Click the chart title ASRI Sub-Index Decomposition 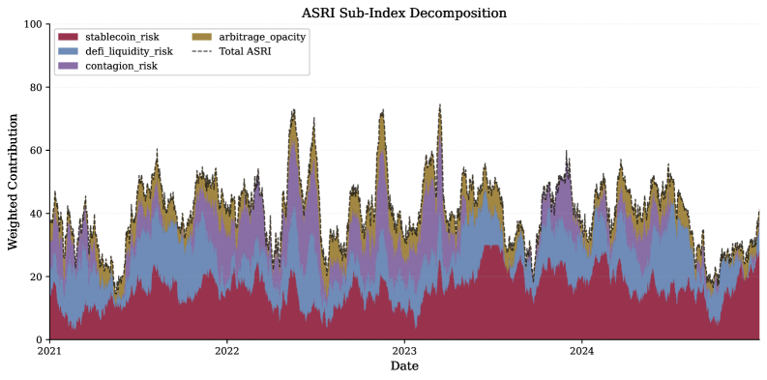tap(404, 13)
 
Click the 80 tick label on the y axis tap(37, 87)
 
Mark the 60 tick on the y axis tap(37, 151)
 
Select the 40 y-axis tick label tap(37, 214)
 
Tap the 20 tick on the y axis tap(37, 277)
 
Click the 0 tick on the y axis tap(40, 340)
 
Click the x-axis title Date tap(404, 367)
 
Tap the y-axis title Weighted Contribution tap(13, 182)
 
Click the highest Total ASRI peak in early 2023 tap(440, 105)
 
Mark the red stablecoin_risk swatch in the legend tap(68, 37)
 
